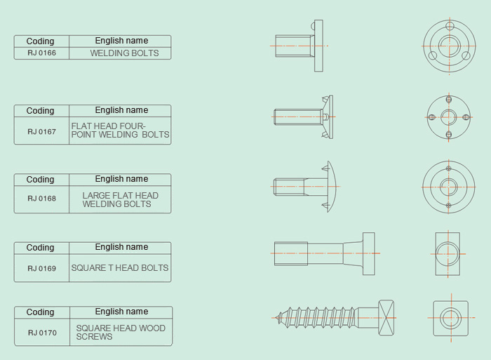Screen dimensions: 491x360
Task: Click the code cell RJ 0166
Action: [x=41, y=53]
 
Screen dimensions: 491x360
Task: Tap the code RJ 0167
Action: [x=41, y=132]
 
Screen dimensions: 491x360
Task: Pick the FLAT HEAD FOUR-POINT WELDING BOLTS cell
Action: [x=120, y=131]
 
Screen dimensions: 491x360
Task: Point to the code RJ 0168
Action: [x=41, y=199]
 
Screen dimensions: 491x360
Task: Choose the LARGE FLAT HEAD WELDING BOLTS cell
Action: [x=120, y=199]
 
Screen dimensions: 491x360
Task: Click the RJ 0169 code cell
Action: [x=41, y=268]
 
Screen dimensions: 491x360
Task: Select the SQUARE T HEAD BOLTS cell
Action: [x=120, y=268]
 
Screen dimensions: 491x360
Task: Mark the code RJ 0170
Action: [x=42, y=333]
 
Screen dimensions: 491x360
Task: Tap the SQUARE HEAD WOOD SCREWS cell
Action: [x=121, y=333]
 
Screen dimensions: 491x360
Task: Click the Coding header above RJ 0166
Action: [x=41, y=41]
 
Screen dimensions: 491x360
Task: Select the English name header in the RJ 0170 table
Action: [x=121, y=312]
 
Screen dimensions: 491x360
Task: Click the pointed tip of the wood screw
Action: [x=276, y=318]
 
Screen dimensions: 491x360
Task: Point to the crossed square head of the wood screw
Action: [x=386, y=318]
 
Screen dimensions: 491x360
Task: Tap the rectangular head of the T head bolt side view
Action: [x=369, y=254]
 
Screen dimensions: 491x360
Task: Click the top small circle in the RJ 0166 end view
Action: [x=450, y=26]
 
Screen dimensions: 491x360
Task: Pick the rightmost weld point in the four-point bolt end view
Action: [x=466, y=117]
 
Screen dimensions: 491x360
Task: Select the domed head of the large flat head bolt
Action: [x=332, y=187]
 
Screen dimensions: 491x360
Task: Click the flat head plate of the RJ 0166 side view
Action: [x=318, y=46]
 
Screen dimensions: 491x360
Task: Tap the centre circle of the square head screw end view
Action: [x=451, y=318]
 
